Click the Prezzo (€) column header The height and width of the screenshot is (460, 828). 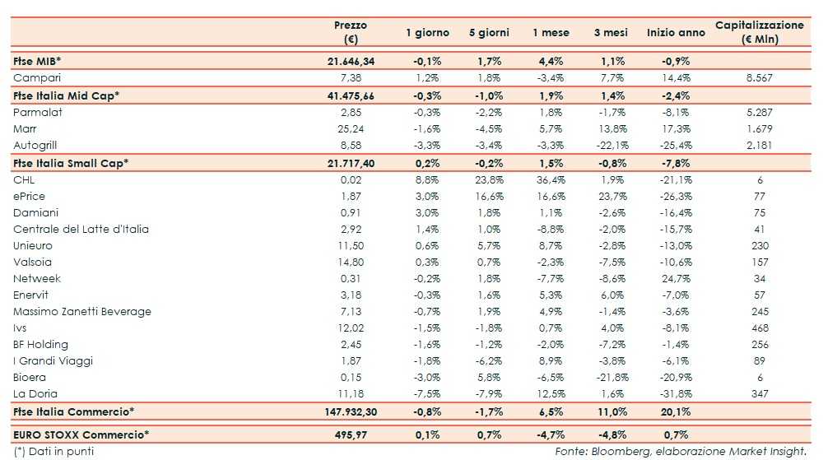pyautogui.click(x=351, y=32)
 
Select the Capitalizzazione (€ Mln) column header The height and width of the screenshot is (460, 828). pyautogui.click(x=759, y=32)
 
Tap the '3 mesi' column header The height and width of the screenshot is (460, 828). pyautogui.click(x=610, y=33)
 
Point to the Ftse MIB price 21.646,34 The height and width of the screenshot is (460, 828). pyautogui.click(x=351, y=62)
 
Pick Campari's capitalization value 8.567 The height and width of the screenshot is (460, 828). pyautogui.click(x=759, y=78)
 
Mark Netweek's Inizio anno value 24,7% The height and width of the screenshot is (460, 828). pyautogui.click(x=676, y=279)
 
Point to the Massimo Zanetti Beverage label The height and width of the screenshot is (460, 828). pyautogui.click(x=82, y=312)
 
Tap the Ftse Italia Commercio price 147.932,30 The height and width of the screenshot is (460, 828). pyautogui.click(x=348, y=411)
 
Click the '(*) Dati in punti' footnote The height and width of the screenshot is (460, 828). pyautogui.click(x=49, y=451)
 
